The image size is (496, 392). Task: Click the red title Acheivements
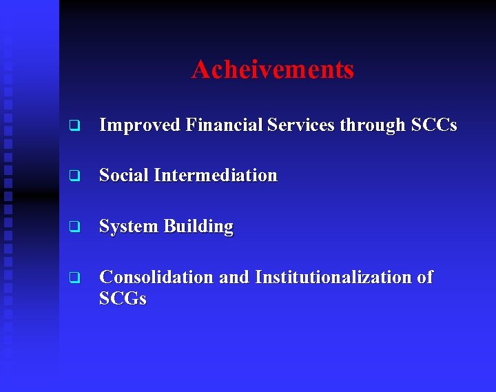tap(273, 70)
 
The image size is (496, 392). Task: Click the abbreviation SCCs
tap(434, 125)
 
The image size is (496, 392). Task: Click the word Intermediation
tap(216, 176)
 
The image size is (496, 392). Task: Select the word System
tap(128, 227)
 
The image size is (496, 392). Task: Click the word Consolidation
tap(156, 277)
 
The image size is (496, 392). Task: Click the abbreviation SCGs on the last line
tap(123, 299)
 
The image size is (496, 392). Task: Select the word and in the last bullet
tap(234, 277)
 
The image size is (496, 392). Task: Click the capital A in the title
tap(200, 70)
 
